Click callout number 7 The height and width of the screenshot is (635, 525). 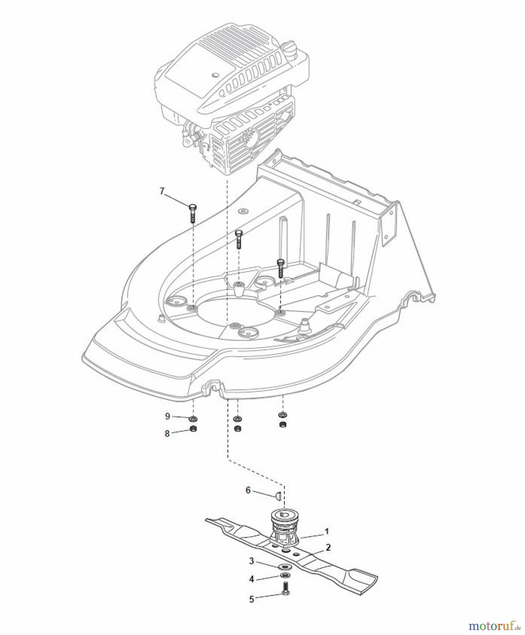(162, 191)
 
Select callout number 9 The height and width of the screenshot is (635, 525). (168, 416)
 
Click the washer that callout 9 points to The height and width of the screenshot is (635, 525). (193, 419)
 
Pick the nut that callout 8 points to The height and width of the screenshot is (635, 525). (193, 429)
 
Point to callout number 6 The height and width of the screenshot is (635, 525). (248, 490)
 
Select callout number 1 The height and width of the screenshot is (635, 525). (327, 531)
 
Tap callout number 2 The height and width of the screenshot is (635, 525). (328, 548)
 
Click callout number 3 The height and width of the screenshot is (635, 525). (252, 561)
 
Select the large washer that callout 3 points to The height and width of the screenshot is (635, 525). (284, 567)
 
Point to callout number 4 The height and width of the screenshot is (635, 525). (252, 579)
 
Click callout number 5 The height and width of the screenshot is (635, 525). (252, 599)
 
